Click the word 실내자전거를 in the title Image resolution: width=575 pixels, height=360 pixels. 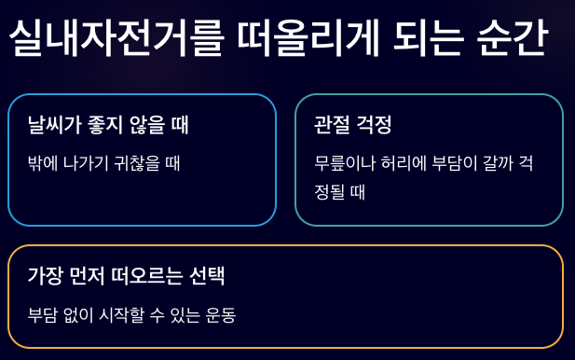pyautogui.click(x=116, y=38)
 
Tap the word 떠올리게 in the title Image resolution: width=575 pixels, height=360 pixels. pyautogui.click(x=308, y=38)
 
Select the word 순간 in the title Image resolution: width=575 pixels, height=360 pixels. pyautogui.click(x=513, y=38)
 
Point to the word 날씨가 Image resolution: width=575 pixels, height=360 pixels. pyautogui.click(x=54, y=125)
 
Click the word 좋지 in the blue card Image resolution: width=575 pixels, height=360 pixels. pyautogui.click(x=105, y=125)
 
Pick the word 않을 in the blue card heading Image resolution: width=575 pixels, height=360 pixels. pyautogui.click(x=146, y=125)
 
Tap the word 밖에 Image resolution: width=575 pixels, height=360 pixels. pyautogui.click(x=43, y=163)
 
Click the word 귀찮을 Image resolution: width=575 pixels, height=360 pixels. pyautogui.click(x=137, y=163)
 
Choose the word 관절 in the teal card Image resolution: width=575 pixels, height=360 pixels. pyautogui.click(x=332, y=125)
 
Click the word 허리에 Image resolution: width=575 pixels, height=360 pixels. pyautogui.click(x=404, y=163)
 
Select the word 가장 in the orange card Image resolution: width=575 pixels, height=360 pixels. pyautogui.click(x=45, y=276)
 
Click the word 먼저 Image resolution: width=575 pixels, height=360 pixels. pyautogui.click(x=87, y=276)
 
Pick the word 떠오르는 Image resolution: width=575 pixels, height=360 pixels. pyautogui.click(x=147, y=276)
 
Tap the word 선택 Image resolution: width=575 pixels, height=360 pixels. pyautogui.click(x=207, y=276)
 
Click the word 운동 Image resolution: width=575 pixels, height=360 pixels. pyautogui.click(x=220, y=315)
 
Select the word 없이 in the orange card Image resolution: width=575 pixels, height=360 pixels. pyautogui.click(x=78, y=315)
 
